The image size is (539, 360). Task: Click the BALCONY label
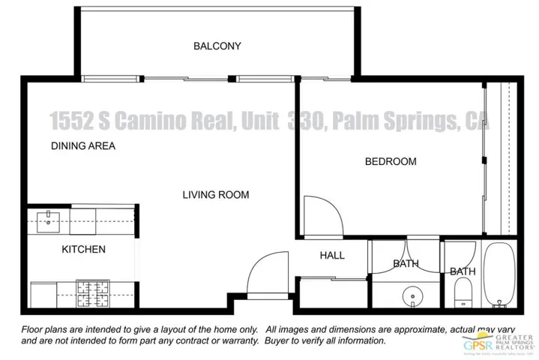pos(217,46)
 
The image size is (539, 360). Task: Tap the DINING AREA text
pos(82,146)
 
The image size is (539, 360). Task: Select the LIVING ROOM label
pos(216,195)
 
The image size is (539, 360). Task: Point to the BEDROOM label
pos(390,161)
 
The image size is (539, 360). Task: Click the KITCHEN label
pos(83,249)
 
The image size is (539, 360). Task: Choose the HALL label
pos(332,256)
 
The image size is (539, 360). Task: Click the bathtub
pos(499,277)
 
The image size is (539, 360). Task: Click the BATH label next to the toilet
pos(463,271)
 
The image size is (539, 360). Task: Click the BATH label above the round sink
pos(406,263)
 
